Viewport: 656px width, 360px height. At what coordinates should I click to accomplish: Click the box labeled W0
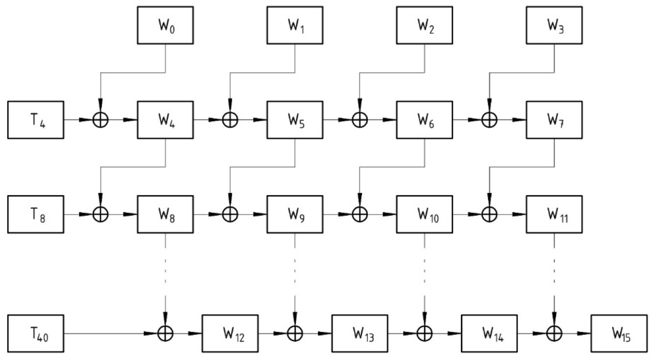165,25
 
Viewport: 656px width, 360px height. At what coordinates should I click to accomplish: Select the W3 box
554,25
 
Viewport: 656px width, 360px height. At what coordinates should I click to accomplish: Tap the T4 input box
36,120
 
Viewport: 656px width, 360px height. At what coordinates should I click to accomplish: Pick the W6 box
424,120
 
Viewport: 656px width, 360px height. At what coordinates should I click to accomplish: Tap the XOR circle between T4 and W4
100,120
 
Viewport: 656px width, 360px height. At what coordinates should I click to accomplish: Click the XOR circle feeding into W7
489,120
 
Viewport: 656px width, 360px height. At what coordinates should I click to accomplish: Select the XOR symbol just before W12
165,333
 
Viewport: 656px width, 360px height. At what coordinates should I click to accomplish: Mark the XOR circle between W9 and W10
359,215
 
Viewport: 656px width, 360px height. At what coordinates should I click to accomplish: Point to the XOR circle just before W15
554,333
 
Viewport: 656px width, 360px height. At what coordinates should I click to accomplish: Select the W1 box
295,25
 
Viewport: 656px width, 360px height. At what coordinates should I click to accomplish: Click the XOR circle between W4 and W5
230,120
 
